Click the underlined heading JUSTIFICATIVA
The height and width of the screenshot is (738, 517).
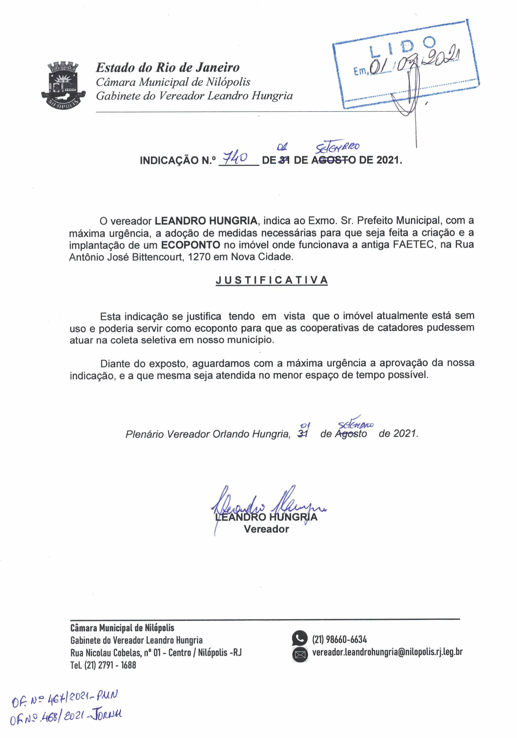[271, 280]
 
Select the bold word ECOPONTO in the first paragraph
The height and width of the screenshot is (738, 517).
[190, 245]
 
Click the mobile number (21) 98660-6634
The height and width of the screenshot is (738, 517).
[339, 639]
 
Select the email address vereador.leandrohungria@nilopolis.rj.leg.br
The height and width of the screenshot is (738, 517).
[387, 652]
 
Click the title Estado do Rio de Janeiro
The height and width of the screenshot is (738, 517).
[168, 68]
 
